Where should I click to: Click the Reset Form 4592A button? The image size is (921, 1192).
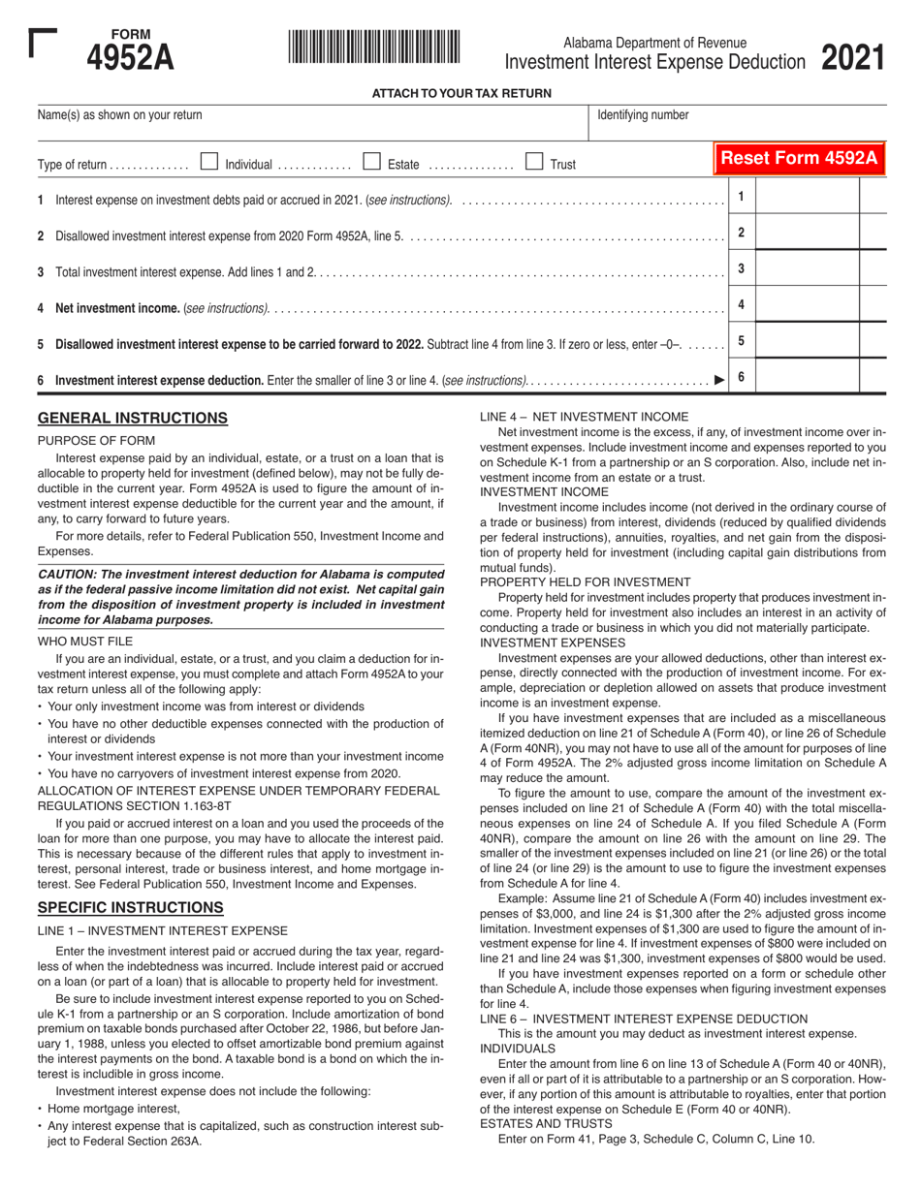click(800, 159)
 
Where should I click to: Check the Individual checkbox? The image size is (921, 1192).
click(208, 163)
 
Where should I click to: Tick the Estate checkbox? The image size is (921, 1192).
click(370, 163)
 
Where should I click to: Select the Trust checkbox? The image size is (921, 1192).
click(534, 163)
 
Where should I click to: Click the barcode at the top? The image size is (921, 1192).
click(373, 47)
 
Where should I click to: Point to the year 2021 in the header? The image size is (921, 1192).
click(853, 58)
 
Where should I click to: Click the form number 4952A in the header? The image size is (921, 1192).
click(131, 59)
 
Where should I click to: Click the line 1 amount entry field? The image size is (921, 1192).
click(807, 198)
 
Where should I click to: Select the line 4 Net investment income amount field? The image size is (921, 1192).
click(807, 305)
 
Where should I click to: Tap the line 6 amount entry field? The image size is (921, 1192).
click(807, 378)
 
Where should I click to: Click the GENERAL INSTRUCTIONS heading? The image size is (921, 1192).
click(133, 419)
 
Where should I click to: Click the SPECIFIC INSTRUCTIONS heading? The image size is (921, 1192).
click(131, 908)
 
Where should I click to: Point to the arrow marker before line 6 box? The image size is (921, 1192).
click(718, 380)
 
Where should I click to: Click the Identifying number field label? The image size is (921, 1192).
click(643, 115)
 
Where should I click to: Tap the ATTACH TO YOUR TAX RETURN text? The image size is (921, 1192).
click(461, 94)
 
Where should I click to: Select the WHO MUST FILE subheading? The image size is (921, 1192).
click(85, 642)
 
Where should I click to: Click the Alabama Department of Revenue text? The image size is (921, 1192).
click(655, 43)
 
